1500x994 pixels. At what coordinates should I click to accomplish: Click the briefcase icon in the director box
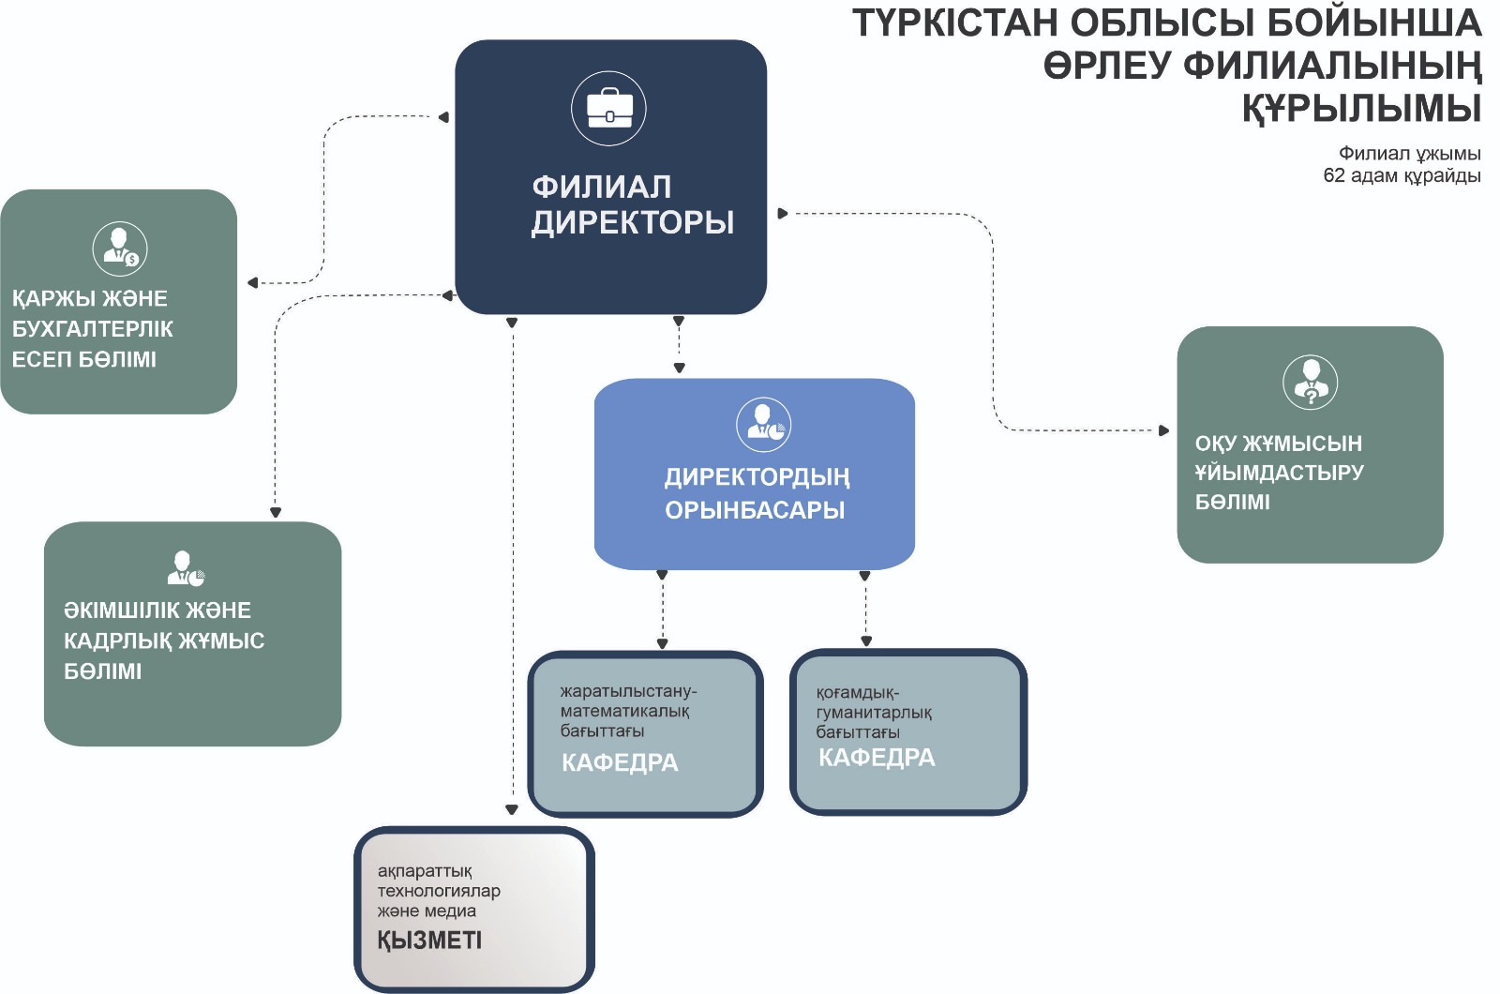pos(608,109)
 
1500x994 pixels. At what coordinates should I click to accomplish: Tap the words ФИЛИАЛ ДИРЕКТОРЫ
pos(633,205)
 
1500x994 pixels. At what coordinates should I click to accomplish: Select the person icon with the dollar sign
pos(120,249)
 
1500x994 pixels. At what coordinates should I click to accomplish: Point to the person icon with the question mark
pos(1310,383)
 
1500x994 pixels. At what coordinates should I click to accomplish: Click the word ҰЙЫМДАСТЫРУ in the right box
pos(1279,473)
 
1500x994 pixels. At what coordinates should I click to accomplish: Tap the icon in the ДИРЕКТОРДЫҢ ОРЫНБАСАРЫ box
pos(763,426)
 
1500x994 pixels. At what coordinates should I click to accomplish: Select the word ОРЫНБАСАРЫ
pos(755,510)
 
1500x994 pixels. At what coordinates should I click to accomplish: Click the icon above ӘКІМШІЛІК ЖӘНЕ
pos(187,568)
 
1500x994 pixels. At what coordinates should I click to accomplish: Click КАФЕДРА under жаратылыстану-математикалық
pos(620,763)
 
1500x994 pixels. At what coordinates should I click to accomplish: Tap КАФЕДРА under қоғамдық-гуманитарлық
pos(877,758)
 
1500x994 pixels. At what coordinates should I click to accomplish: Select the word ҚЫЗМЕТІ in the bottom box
pos(429,941)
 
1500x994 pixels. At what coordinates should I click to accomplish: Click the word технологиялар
pos(439,891)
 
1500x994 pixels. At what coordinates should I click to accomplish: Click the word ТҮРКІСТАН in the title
pos(955,23)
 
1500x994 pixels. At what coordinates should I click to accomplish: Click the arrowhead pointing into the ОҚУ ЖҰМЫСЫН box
pos(1163,430)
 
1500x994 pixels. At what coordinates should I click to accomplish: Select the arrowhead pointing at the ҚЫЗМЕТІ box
pos(512,810)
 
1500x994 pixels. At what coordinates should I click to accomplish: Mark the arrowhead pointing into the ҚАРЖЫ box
pos(252,282)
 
